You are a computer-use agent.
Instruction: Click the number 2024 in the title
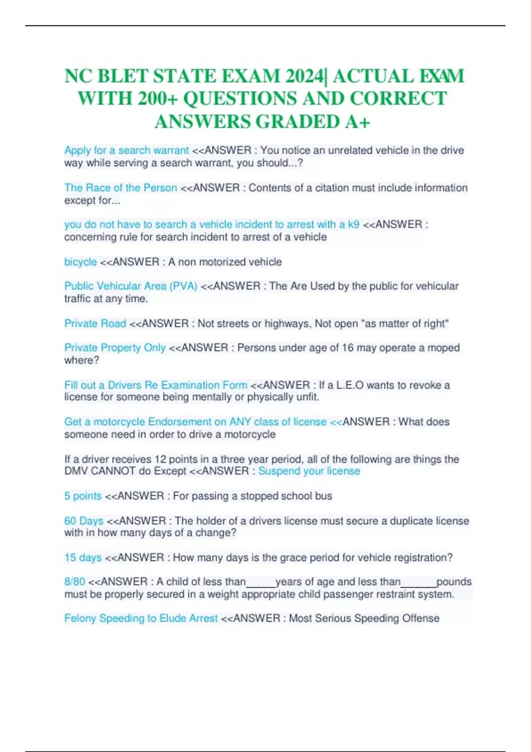[304, 76]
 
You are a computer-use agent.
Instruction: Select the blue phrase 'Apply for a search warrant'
[127, 150]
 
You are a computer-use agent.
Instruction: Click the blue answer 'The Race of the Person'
[121, 188]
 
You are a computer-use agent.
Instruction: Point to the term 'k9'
[354, 225]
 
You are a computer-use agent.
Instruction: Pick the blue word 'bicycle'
[81, 262]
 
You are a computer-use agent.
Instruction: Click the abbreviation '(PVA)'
[183, 286]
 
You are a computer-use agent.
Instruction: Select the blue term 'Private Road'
[95, 324]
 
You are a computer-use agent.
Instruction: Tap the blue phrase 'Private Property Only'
[115, 348]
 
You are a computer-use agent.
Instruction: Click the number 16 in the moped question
[348, 348]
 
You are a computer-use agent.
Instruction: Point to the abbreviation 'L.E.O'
[350, 385]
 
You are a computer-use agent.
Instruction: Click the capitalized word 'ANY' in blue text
[240, 422]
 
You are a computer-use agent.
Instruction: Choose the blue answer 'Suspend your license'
[309, 471]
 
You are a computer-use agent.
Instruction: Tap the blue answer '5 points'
[83, 496]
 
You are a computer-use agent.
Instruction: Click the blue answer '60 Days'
[84, 521]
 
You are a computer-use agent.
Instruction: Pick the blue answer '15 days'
[83, 558]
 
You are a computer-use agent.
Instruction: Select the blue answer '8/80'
[75, 582]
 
